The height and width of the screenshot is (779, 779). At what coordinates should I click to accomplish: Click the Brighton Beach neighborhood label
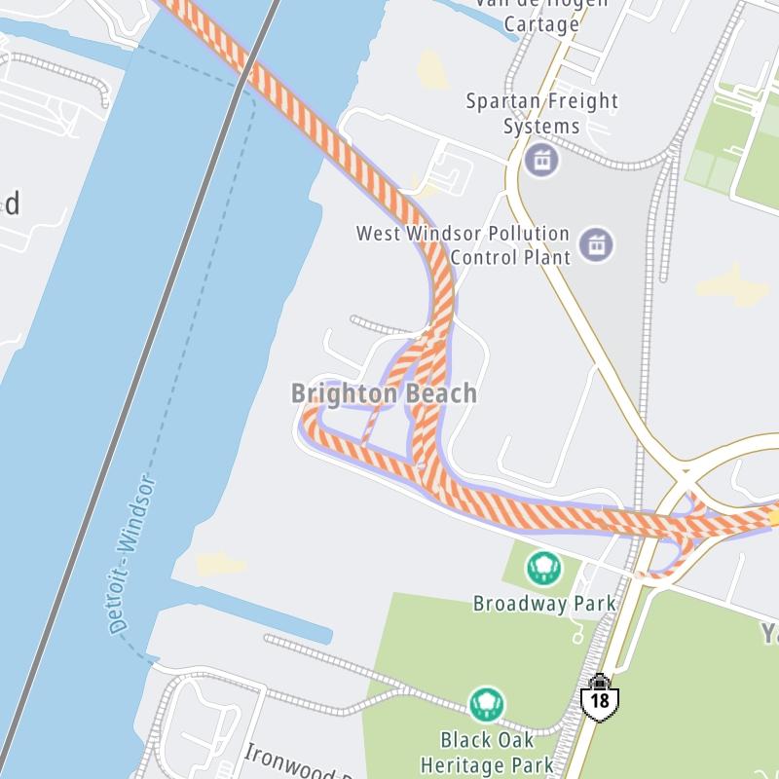click(x=385, y=393)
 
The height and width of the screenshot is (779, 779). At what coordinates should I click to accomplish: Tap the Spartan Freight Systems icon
click(x=542, y=158)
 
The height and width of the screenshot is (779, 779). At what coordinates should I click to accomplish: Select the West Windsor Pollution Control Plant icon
click(x=596, y=244)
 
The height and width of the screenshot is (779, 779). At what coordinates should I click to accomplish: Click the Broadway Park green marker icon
click(x=542, y=567)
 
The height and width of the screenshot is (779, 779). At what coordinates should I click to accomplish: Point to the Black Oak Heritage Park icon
click(x=486, y=703)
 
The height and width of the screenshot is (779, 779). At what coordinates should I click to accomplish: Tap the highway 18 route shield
click(x=600, y=698)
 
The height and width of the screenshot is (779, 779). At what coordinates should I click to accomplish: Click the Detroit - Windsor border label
click(x=133, y=555)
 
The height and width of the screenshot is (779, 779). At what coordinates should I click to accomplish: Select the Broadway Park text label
click(x=544, y=604)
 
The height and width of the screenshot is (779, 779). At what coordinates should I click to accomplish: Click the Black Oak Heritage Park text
click(x=497, y=752)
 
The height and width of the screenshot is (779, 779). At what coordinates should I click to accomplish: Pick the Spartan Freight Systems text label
click(x=541, y=113)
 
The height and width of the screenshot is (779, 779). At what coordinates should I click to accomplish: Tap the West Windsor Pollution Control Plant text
click(x=463, y=245)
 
